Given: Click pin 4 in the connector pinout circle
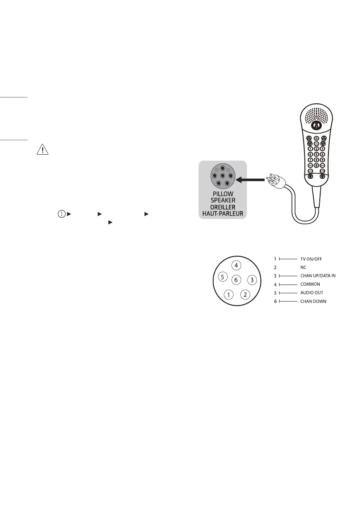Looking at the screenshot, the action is click(236, 265).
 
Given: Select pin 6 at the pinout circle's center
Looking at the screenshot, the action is click(236, 280).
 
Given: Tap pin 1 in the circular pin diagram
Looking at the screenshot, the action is click(229, 295).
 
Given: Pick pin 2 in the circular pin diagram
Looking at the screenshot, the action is click(246, 295).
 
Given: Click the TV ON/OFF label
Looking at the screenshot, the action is click(311, 259).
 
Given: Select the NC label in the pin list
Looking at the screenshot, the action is click(303, 268).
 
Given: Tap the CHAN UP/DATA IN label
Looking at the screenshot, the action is click(318, 276).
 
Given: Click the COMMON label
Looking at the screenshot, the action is click(310, 285).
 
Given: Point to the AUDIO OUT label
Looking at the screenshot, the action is click(311, 293).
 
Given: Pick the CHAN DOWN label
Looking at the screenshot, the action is click(313, 302).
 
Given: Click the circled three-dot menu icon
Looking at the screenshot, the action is click(61, 214).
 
